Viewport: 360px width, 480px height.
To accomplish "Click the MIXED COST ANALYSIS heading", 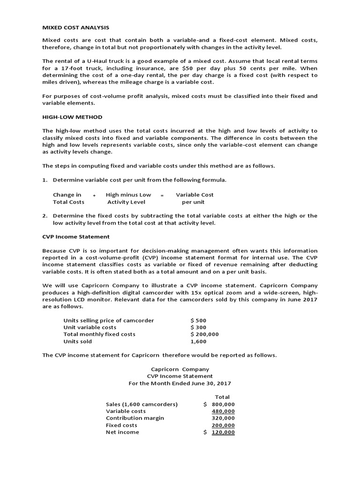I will (75, 28).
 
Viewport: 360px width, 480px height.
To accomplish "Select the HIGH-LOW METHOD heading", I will (72, 117).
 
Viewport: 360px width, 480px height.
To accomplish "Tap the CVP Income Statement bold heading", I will (76, 237).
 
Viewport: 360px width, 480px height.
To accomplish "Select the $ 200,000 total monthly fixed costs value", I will (204, 334).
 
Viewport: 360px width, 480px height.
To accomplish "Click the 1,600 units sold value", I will (198, 341).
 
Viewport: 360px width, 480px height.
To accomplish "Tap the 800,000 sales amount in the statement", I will (223, 404).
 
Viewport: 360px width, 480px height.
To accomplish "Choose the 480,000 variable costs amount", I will (223, 411).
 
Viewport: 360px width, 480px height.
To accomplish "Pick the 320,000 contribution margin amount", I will (223, 418).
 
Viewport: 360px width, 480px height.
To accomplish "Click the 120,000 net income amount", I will (223, 432).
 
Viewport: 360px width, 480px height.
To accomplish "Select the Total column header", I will (222, 397).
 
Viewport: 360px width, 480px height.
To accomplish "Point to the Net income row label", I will (122, 432).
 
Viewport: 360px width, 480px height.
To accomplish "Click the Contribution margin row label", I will (135, 418).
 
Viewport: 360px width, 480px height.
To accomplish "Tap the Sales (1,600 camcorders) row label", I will (142, 404).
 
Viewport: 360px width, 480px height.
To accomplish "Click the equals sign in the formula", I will (162, 195).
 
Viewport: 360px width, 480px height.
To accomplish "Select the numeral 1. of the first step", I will (45, 180).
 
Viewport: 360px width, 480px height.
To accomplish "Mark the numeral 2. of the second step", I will (45, 216).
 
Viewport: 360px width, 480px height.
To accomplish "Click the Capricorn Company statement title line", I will (180, 369).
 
